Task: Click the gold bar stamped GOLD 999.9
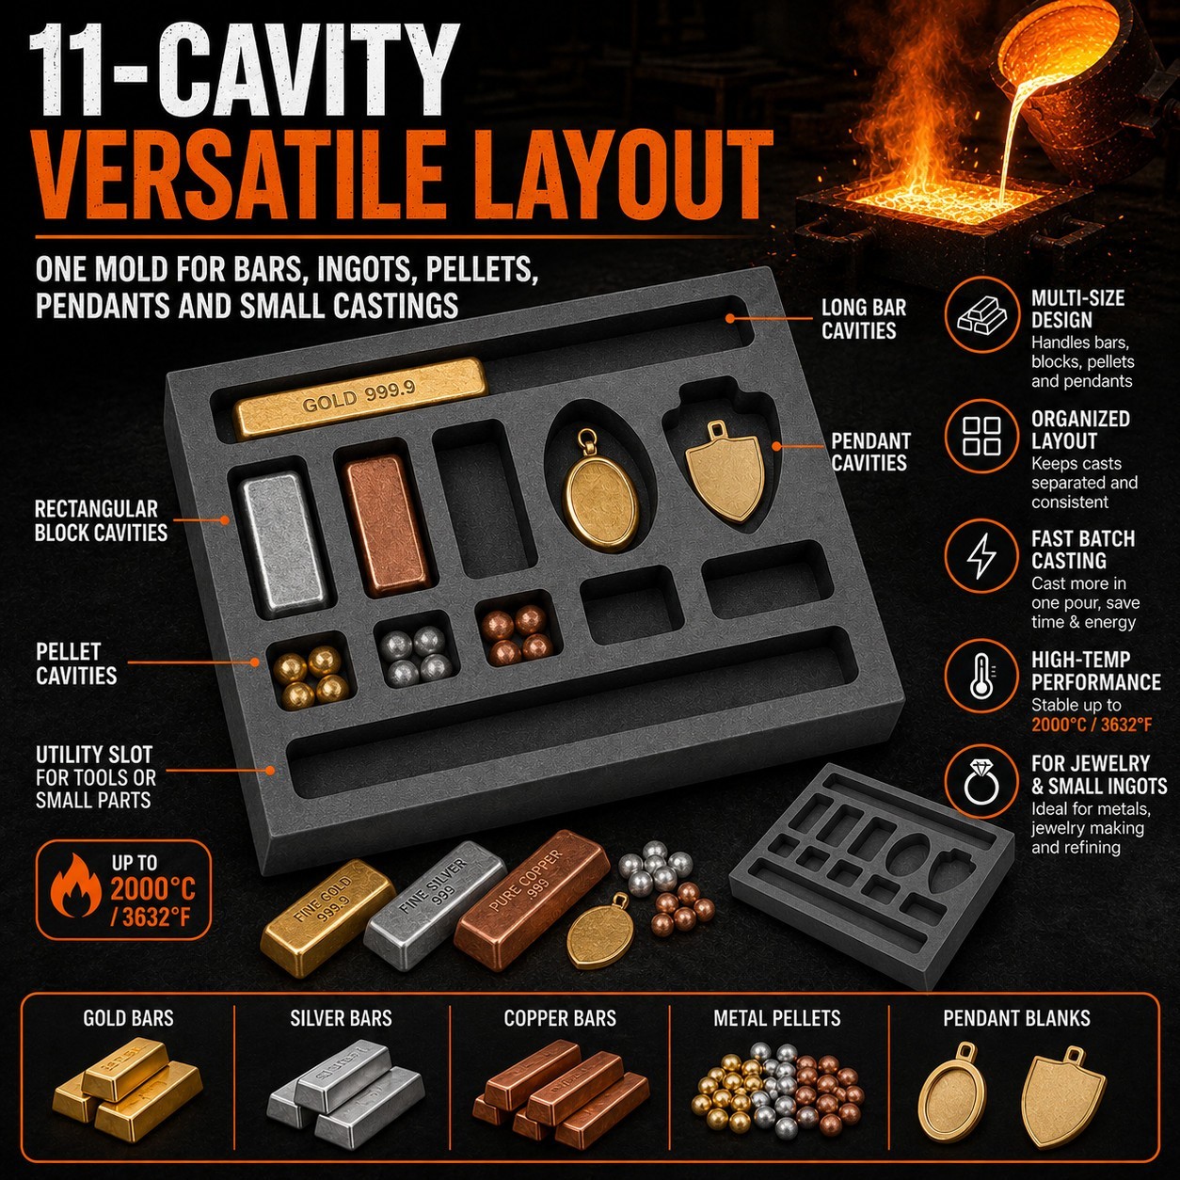click(362, 396)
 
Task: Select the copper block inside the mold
click(388, 523)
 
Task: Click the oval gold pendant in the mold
click(600, 486)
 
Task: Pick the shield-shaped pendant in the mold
click(725, 470)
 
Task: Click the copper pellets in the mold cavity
click(518, 631)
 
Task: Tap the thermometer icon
click(981, 678)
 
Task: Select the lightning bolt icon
click(981, 556)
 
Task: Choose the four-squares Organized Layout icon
click(981, 436)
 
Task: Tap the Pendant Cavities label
click(869, 452)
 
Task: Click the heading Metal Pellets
click(776, 1018)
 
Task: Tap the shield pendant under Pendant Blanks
click(1064, 1098)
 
